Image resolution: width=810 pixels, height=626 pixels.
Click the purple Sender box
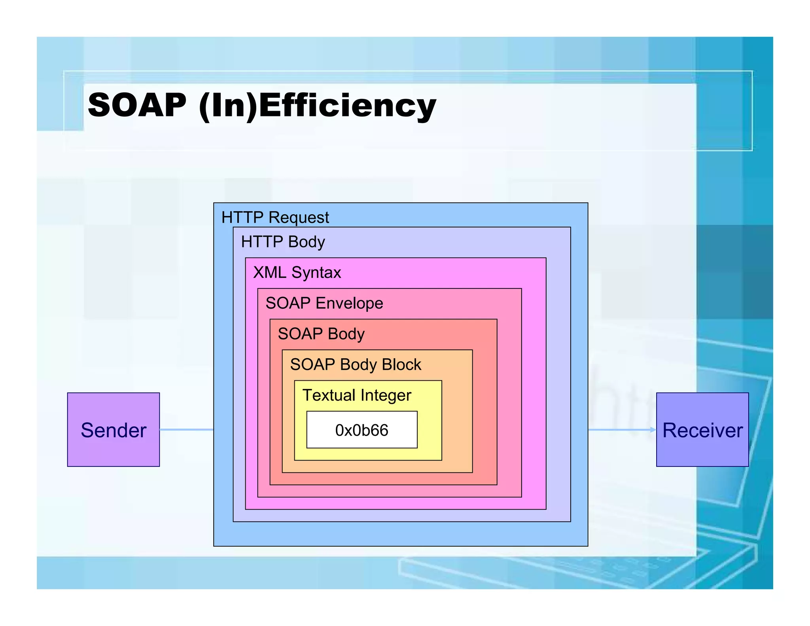[x=114, y=429]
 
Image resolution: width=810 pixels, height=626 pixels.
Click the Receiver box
[x=702, y=429]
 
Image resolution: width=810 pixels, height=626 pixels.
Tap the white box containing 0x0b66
[x=361, y=430]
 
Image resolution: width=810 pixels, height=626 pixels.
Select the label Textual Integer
[x=357, y=395]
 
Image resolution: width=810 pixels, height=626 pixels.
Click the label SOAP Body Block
[x=356, y=364]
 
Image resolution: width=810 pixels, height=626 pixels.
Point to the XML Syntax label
[x=297, y=273]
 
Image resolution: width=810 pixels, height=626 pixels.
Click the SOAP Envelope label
[x=324, y=303]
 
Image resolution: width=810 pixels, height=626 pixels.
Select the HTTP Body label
[x=283, y=242]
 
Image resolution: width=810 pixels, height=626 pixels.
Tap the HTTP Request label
[x=275, y=218]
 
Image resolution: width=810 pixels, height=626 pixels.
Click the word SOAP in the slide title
[x=137, y=105]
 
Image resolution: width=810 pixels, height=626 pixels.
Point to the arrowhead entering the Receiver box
[x=653, y=430]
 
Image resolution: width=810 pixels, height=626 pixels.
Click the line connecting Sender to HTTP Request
[x=186, y=429]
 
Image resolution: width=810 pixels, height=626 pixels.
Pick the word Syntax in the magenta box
[x=316, y=273]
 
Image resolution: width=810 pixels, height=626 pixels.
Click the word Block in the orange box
[x=401, y=364]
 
